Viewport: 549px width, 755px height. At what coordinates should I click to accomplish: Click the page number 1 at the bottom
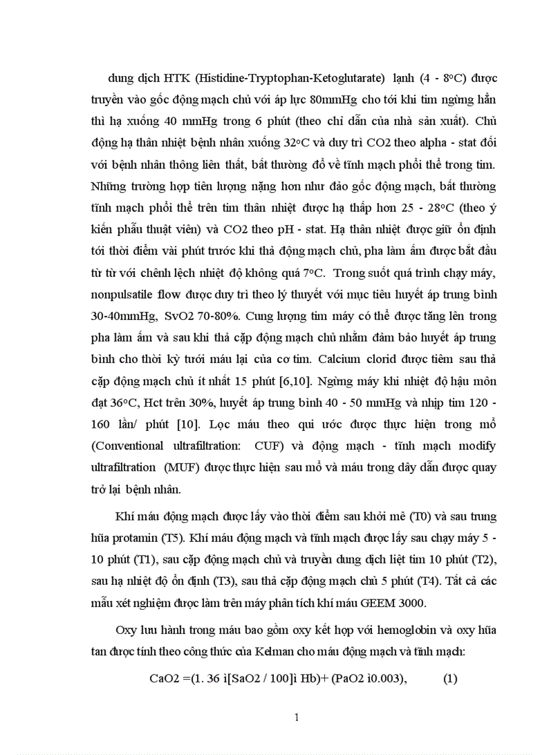coord(297,716)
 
